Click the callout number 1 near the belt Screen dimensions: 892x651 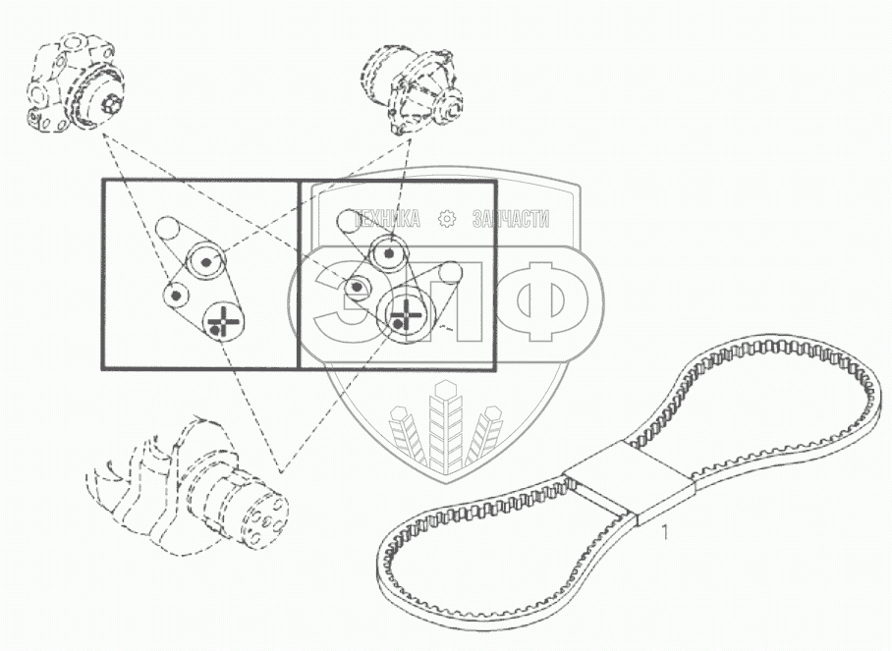click(x=666, y=533)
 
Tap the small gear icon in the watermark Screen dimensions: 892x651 click(x=447, y=219)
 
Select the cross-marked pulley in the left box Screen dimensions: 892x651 click(x=224, y=319)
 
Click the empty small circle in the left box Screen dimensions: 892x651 click(x=170, y=230)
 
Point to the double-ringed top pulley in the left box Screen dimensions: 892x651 click(x=207, y=260)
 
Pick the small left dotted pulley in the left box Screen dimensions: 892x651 click(x=178, y=293)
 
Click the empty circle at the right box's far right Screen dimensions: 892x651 click(x=450, y=273)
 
